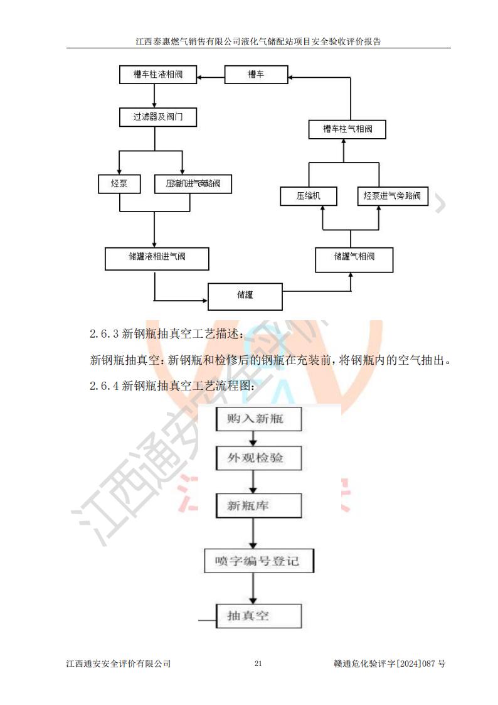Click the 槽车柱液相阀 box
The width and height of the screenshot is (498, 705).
tap(157, 75)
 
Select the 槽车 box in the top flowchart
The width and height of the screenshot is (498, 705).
tap(256, 75)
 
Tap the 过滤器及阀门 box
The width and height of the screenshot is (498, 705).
tap(157, 117)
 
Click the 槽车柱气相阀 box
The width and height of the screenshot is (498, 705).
tap(347, 129)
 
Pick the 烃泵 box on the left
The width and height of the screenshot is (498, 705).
tap(119, 184)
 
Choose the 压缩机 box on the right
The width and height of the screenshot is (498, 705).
tap(308, 196)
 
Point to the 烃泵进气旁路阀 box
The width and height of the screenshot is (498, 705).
tap(392, 196)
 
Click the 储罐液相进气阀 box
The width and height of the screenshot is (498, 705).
tap(157, 259)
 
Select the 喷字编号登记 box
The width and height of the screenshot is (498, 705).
tap(258, 561)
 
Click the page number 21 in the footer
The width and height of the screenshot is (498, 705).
tap(258, 664)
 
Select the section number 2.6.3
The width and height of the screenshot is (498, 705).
tap(103, 334)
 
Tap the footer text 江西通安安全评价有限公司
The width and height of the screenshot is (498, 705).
tap(118, 664)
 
